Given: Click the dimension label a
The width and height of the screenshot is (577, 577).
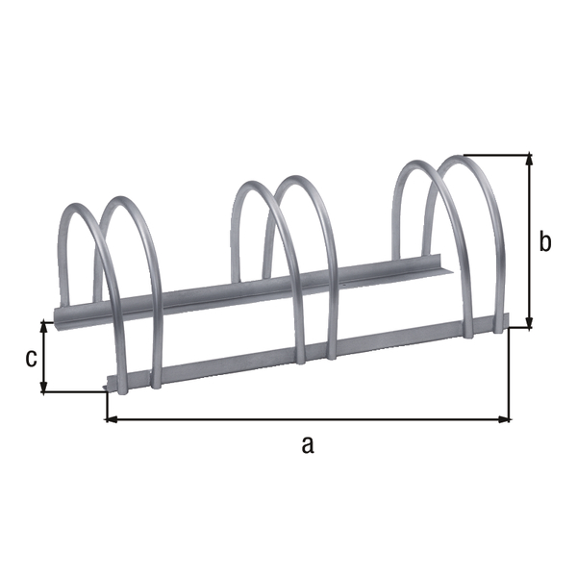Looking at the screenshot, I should [x=307, y=443].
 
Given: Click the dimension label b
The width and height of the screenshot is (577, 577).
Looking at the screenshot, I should [x=545, y=241].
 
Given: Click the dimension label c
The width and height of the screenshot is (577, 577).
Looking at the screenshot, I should [x=31, y=358].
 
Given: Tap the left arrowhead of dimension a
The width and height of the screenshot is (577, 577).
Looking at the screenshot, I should [x=111, y=419].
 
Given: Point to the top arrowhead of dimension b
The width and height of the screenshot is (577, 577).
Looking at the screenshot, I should [x=528, y=160].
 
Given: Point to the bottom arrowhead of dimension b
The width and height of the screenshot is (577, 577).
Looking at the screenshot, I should [x=528, y=322].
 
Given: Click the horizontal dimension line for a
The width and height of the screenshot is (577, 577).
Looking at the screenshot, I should [x=308, y=419].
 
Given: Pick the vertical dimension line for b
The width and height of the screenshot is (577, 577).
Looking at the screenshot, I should [x=528, y=240].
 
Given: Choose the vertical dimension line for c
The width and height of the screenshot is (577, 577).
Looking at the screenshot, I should [x=44, y=356].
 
